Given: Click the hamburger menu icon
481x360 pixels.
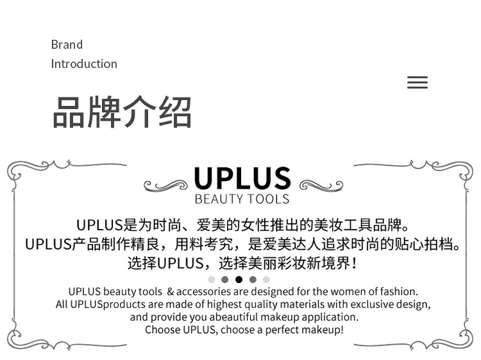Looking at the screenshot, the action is [x=417, y=83].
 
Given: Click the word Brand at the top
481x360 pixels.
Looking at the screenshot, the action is [x=67, y=45].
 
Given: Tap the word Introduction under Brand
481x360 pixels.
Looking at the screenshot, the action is [x=84, y=64].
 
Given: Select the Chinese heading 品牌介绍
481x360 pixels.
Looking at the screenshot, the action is [x=122, y=112].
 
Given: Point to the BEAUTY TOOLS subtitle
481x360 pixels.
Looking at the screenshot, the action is [x=242, y=199].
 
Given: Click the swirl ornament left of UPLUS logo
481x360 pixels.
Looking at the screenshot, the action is [x=165, y=185].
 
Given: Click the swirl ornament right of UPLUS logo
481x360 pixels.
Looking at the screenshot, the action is [x=321, y=185].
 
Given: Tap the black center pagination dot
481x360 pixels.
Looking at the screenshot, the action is [x=239, y=280].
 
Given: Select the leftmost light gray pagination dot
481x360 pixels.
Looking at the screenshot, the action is [x=212, y=280].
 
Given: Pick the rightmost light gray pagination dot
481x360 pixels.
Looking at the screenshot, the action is [x=266, y=280].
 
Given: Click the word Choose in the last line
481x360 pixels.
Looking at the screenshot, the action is [x=162, y=330].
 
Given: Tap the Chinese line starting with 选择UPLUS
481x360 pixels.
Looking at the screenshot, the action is [x=242, y=263].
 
